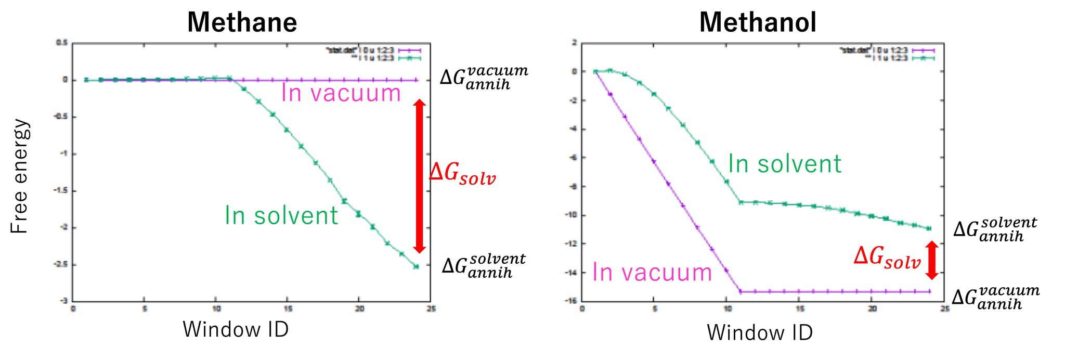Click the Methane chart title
242,22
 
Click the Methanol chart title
758,22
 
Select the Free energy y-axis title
19,176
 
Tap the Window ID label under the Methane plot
236,329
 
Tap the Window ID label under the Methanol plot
760,332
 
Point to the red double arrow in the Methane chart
420,176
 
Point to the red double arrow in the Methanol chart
932,260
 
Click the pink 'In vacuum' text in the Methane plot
341,93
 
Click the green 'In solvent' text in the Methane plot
281,215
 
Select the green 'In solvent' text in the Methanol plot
784,164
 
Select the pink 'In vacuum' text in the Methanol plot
652,273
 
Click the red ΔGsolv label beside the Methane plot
462,173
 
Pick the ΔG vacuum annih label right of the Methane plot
484,78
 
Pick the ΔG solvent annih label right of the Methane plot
484,266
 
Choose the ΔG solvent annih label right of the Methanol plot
995,229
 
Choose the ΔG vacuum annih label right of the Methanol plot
995,298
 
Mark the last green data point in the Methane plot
416,266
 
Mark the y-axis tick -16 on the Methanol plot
572,301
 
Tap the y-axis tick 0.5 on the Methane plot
62,43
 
